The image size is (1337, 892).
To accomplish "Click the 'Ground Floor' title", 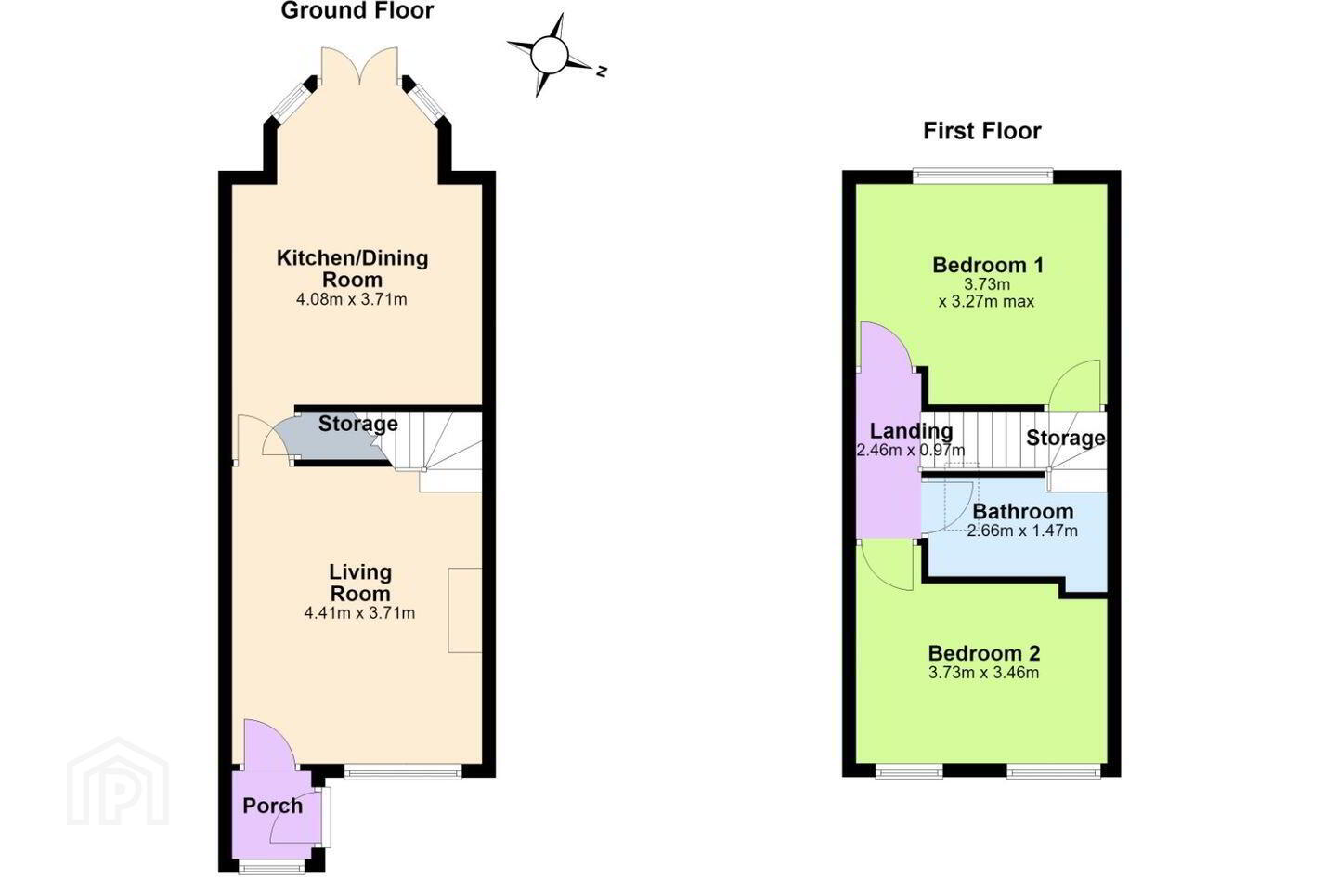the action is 357,11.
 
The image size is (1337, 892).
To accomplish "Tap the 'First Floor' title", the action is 982,131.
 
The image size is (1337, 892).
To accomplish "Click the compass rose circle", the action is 549,55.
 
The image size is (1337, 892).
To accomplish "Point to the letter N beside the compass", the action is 602,72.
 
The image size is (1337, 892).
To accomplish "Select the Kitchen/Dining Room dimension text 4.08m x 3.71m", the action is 352,299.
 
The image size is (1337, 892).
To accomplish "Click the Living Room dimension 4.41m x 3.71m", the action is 359,613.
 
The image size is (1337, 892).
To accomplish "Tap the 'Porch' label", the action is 272,806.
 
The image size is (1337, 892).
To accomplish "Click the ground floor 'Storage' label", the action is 358,424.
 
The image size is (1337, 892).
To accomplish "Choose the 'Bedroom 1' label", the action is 988,265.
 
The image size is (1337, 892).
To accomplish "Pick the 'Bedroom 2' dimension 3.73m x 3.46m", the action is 983,673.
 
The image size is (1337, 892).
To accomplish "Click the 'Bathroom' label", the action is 1023,511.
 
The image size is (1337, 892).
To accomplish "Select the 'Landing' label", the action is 911,431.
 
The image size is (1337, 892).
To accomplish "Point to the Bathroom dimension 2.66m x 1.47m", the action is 1022,531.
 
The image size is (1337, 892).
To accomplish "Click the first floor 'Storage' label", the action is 1066,438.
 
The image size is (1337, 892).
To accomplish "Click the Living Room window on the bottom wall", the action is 403,772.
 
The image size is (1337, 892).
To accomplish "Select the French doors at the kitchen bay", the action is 359,66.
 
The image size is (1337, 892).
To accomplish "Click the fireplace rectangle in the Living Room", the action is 465,610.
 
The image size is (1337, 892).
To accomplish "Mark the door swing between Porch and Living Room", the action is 270,744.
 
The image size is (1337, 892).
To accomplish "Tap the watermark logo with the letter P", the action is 118,781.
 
